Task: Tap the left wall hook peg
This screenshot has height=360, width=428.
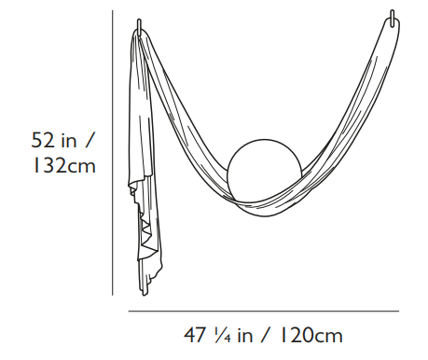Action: [x=139, y=26]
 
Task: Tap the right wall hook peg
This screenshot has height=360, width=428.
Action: [x=393, y=18]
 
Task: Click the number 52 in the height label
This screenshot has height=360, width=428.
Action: [x=43, y=140]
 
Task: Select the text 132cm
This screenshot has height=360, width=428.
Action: [x=64, y=165]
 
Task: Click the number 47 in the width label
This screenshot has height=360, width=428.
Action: [x=195, y=335]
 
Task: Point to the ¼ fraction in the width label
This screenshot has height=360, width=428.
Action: [x=222, y=335]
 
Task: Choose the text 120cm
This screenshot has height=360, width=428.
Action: [x=311, y=336]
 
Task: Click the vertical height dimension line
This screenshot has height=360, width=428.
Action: [x=113, y=153]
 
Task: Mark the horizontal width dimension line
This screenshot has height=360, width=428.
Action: [x=264, y=311]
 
